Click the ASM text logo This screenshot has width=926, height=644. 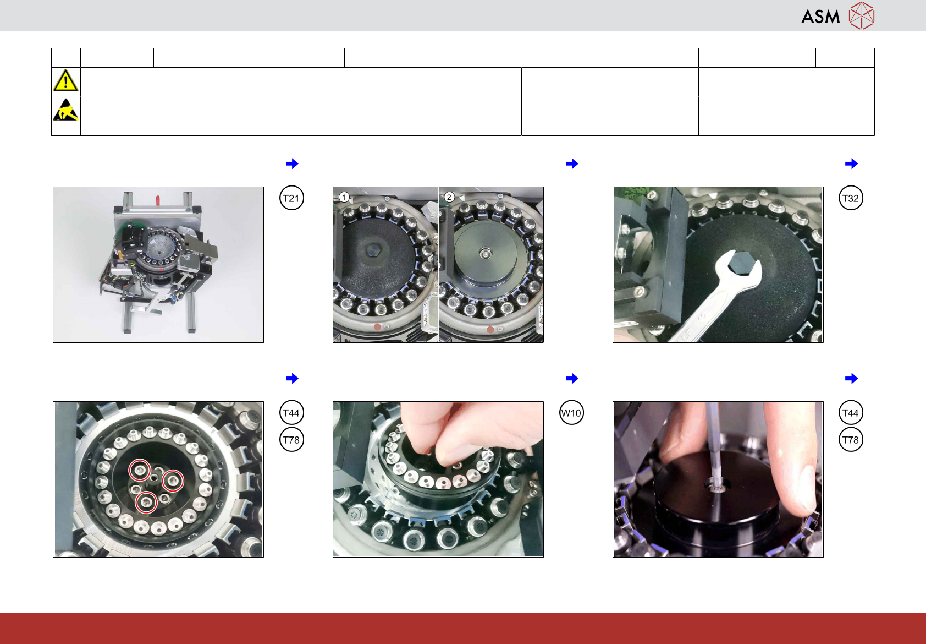(x=820, y=17)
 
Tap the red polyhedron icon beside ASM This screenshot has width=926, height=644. (x=862, y=16)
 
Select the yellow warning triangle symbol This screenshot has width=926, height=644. (x=65, y=80)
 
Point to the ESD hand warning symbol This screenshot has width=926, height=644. (x=66, y=110)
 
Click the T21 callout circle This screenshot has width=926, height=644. (x=291, y=198)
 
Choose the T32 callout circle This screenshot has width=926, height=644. (x=851, y=198)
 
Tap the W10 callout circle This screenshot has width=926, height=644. (x=571, y=413)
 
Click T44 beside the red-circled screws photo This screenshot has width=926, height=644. (x=291, y=413)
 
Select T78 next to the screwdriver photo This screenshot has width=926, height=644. (x=851, y=440)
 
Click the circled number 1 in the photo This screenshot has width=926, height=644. (x=344, y=197)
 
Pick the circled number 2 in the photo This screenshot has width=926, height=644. (x=449, y=197)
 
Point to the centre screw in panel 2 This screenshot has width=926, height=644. (x=486, y=253)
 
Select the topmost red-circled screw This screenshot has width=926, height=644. (x=139, y=470)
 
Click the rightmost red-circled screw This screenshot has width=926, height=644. (x=172, y=481)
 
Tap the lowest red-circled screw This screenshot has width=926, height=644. (x=146, y=502)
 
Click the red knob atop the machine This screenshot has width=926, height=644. (x=157, y=200)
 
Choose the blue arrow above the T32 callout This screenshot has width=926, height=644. (x=851, y=163)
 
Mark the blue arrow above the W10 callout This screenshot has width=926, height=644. (x=572, y=378)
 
